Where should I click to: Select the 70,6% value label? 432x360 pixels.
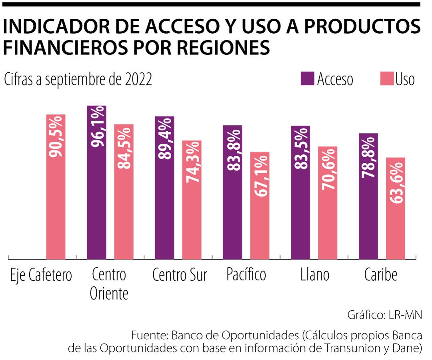pos(328,170)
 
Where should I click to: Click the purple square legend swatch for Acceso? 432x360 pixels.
pos(307,79)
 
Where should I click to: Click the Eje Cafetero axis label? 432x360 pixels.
pos(42,275)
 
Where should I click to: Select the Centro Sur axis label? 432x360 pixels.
pos(180,275)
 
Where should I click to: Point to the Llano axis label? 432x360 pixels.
pos(315,275)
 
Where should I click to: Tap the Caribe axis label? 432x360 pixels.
pos(381,275)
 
